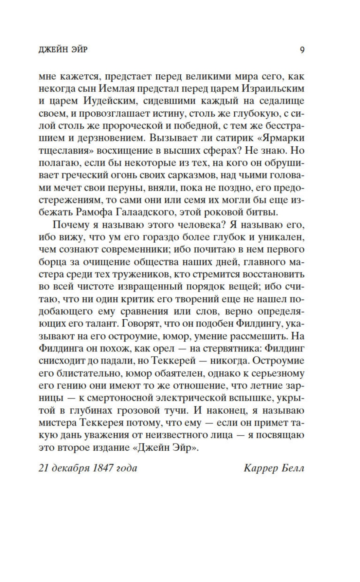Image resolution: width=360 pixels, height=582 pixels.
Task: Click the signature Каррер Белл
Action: (x=274, y=468)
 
